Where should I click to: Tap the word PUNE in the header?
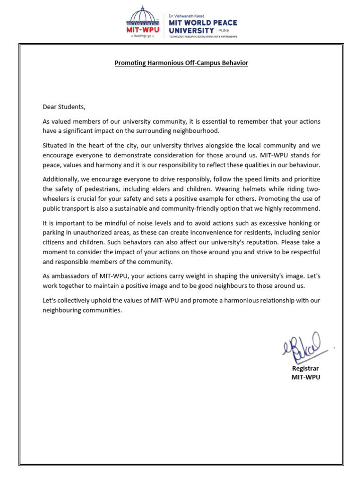point(224,29)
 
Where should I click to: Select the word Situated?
point(56,146)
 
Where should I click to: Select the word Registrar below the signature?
point(305,368)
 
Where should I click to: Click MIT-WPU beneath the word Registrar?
point(305,377)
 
